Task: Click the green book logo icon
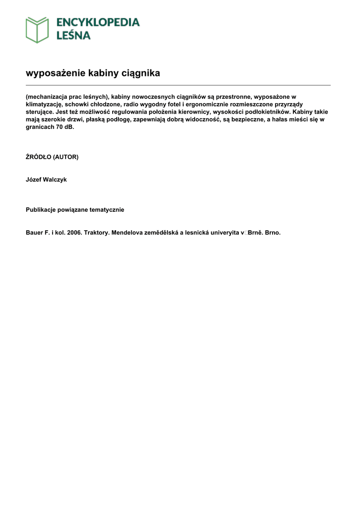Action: point(37,29)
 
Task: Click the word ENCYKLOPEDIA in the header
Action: point(98,22)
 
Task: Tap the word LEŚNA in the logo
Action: point(73,35)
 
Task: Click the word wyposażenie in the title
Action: point(55,73)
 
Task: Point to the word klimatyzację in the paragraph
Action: point(44,105)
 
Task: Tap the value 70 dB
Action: point(65,127)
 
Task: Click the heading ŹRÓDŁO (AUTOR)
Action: point(52,157)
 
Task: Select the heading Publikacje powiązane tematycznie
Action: point(75,210)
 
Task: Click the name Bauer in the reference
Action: point(34,232)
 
